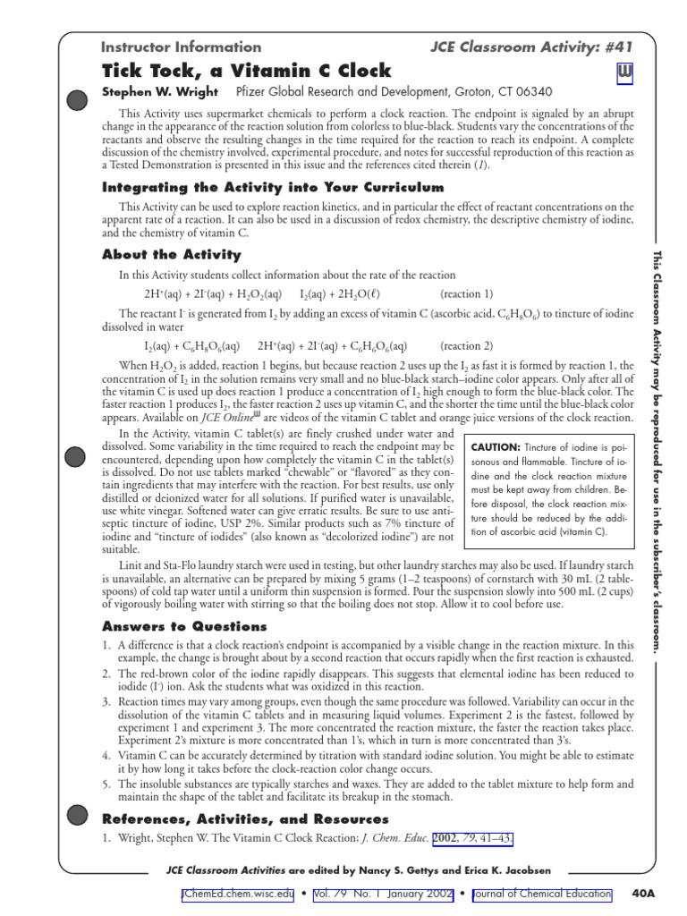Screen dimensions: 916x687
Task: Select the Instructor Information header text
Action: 181,47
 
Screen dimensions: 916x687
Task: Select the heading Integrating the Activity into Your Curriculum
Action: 272,187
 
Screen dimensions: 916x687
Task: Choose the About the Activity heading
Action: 172,255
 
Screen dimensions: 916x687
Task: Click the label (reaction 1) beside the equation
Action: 466,293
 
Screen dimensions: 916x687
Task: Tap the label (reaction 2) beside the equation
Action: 466,345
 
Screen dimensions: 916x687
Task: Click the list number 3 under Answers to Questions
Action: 106,702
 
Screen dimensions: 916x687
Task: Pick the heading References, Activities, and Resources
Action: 245,818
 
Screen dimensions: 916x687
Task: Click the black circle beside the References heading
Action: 78,814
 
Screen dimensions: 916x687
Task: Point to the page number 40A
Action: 643,893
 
